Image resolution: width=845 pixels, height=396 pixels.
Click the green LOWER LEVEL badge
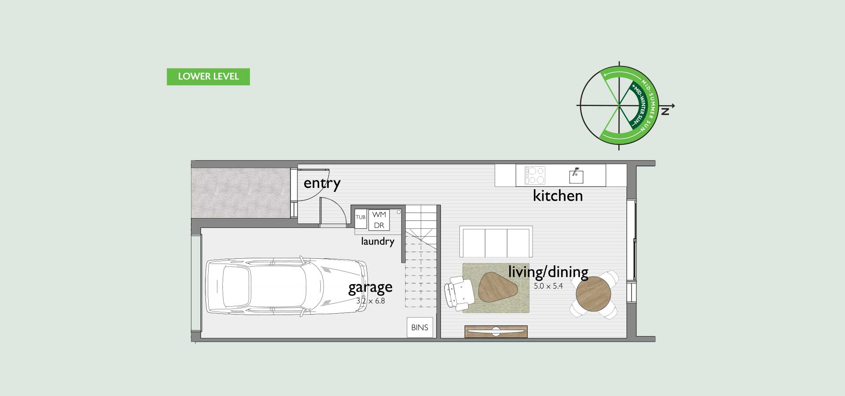208,77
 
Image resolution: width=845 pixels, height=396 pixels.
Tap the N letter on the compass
665,112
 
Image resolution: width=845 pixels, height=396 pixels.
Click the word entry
322,183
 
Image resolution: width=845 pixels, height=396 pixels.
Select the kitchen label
558,195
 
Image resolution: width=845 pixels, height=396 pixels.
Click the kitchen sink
576,176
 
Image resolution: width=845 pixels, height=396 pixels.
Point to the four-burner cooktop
535,175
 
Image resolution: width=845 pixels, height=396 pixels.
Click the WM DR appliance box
379,220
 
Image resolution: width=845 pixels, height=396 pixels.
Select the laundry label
378,241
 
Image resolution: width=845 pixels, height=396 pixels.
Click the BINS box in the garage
420,327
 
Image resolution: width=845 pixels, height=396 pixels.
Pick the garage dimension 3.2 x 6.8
371,301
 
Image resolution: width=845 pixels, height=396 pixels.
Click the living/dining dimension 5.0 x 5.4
548,286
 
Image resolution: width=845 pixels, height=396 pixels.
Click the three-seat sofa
496,242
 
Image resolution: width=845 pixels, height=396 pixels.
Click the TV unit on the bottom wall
496,331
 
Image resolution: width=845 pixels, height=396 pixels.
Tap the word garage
370,288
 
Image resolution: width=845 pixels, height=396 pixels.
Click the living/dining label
548,272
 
